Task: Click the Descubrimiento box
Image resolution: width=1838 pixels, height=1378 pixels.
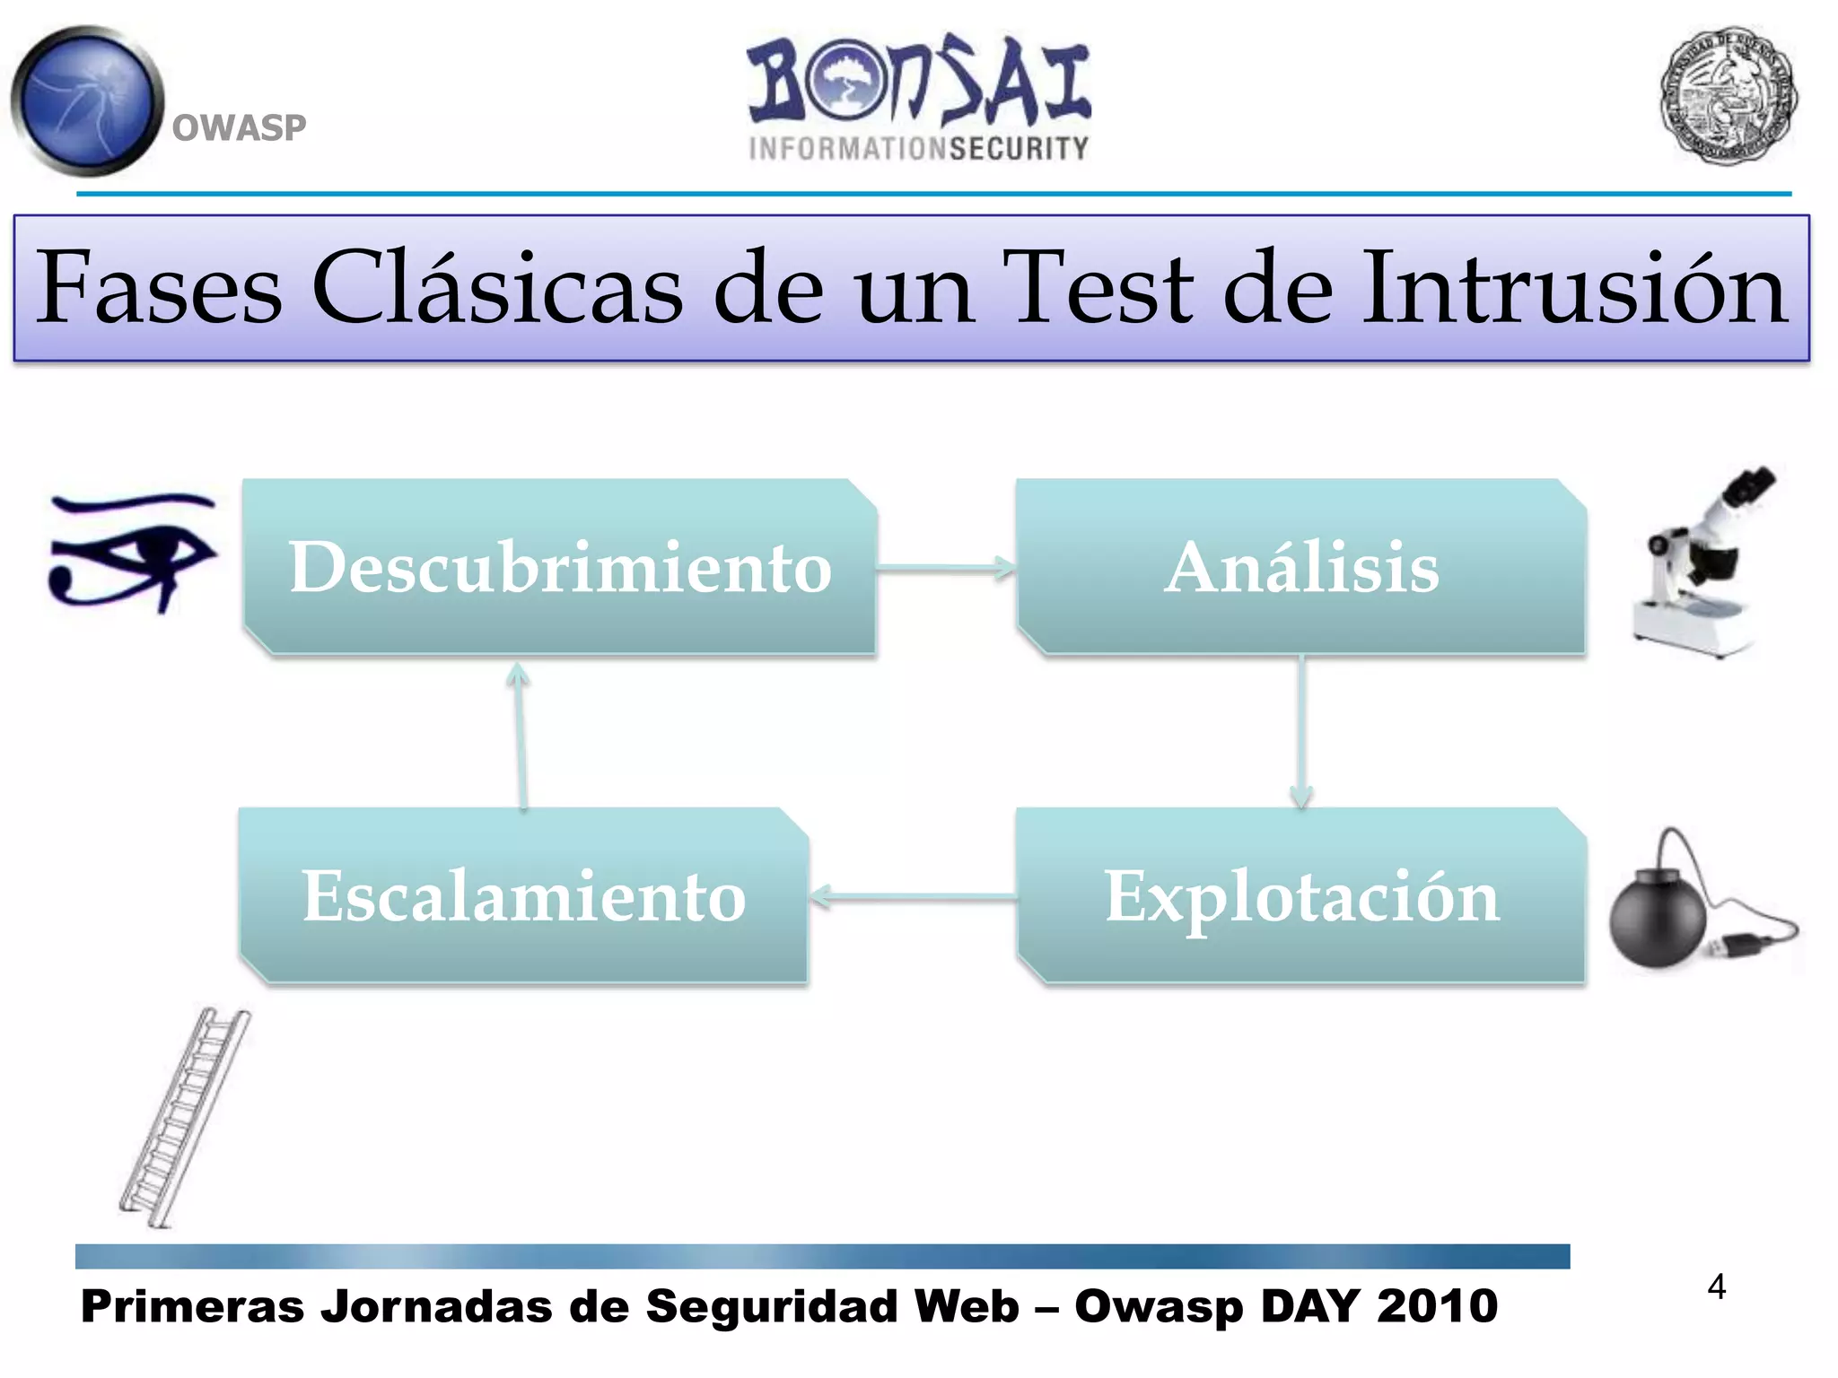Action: pyautogui.click(x=560, y=567)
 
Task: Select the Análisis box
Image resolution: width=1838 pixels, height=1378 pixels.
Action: pyautogui.click(x=1301, y=567)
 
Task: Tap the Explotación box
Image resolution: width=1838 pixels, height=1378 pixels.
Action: pyautogui.click(x=1301, y=895)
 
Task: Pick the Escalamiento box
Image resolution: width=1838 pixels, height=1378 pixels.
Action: pyautogui.click(x=524, y=895)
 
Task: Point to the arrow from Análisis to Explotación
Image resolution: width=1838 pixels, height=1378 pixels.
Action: pyautogui.click(x=1301, y=731)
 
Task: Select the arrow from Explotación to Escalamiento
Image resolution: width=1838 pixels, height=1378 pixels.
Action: pyautogui.click(x=912, y=895)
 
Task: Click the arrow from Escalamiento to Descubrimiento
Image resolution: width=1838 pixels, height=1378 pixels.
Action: pyautogui.click(x=521, y=736)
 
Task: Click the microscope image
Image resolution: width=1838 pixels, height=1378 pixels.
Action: pyautogui.click(x=1701, y=565)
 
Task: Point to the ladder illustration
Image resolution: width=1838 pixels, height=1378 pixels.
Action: pyautogui.click(x=184, y=1117)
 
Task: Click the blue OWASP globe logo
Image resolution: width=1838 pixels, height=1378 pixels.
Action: pyautogui.click(x=88, y=100)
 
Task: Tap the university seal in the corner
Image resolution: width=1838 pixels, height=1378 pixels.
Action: pyautogui.click(x=1728, y=95)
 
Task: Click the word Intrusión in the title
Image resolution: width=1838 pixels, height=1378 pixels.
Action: pyautogui.click(x=1574, y=289)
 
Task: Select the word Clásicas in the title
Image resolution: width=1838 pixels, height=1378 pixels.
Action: pyautogui.click(x=497, y=289)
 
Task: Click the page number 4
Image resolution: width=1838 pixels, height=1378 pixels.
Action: pyautogui.click(x=1716, y=1287)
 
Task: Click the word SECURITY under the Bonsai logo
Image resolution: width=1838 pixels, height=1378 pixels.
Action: pyautogui.click(x=1020, y=149)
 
